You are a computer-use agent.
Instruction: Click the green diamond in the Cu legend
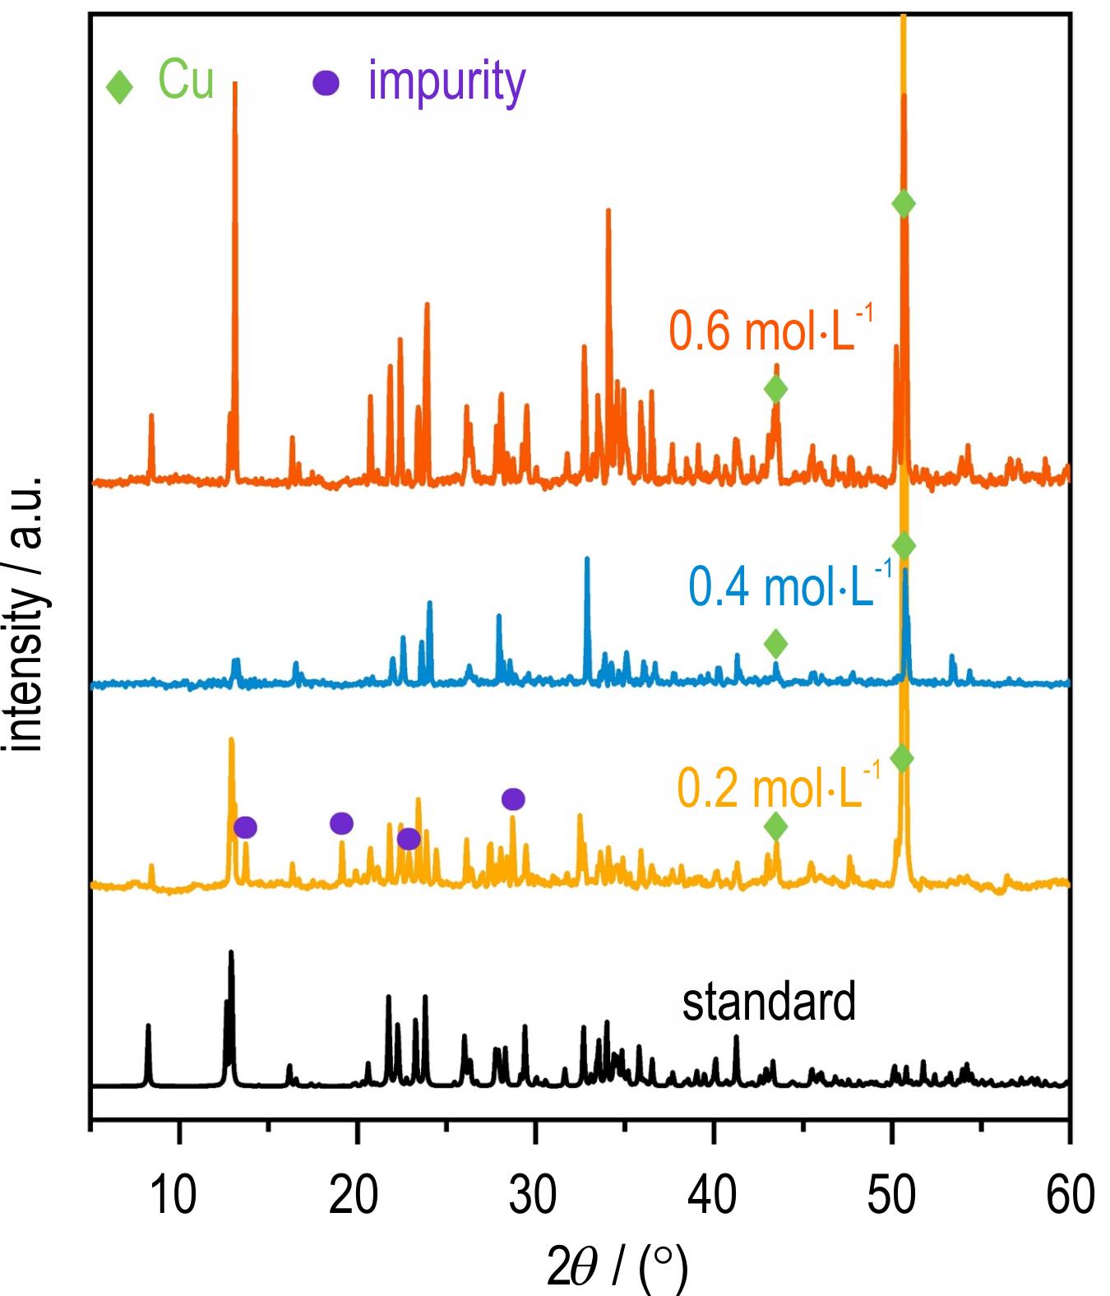[120, 87]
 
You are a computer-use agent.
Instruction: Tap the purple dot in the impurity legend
[326, 84]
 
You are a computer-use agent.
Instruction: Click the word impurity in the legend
[446, 82]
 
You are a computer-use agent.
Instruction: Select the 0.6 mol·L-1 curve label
[770, 330]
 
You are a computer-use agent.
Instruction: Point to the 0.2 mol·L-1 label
[778, 788]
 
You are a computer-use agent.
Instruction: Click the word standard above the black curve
[769, 1002]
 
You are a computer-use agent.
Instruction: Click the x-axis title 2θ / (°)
[617, 1266]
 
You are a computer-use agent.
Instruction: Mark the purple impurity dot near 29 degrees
[513, 798]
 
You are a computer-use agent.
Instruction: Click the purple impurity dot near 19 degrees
[341, 822]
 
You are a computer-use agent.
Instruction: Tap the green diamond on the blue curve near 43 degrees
[775, 644]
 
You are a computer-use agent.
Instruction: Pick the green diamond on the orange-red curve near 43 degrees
[775, 388]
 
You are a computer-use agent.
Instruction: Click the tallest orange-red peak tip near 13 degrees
[235, 84]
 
